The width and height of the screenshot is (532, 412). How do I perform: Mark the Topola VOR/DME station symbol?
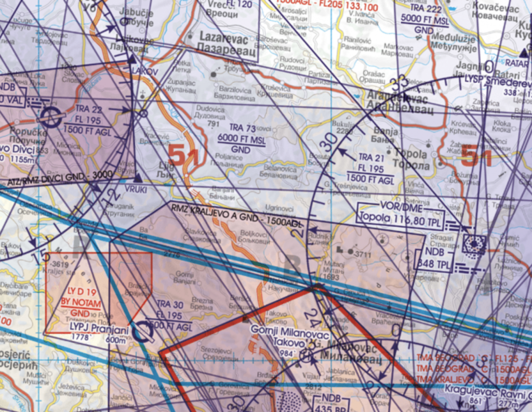(474, 243)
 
